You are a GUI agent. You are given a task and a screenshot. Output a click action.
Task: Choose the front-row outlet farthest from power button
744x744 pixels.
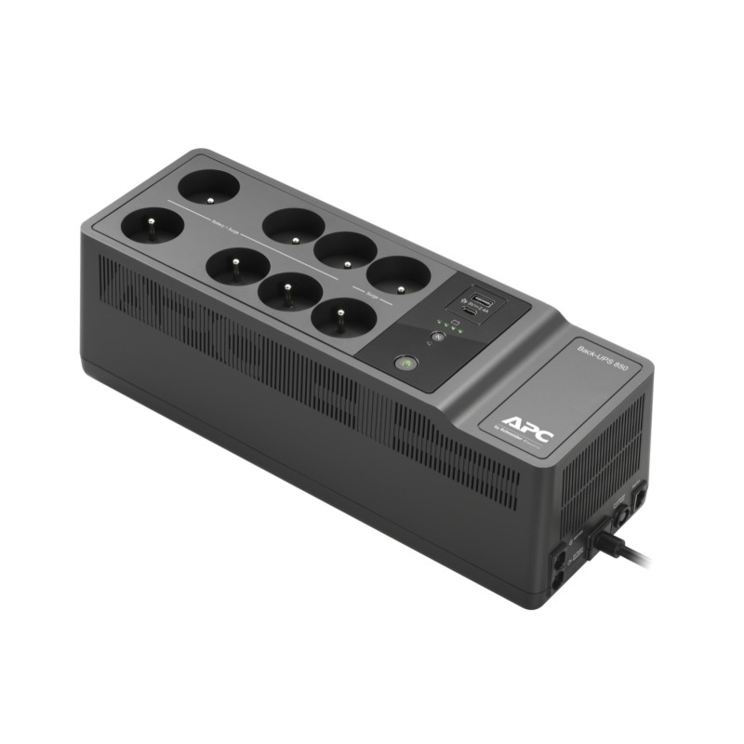tap(149, 228)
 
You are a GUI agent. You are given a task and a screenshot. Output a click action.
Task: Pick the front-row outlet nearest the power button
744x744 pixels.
tap(344, 319)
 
